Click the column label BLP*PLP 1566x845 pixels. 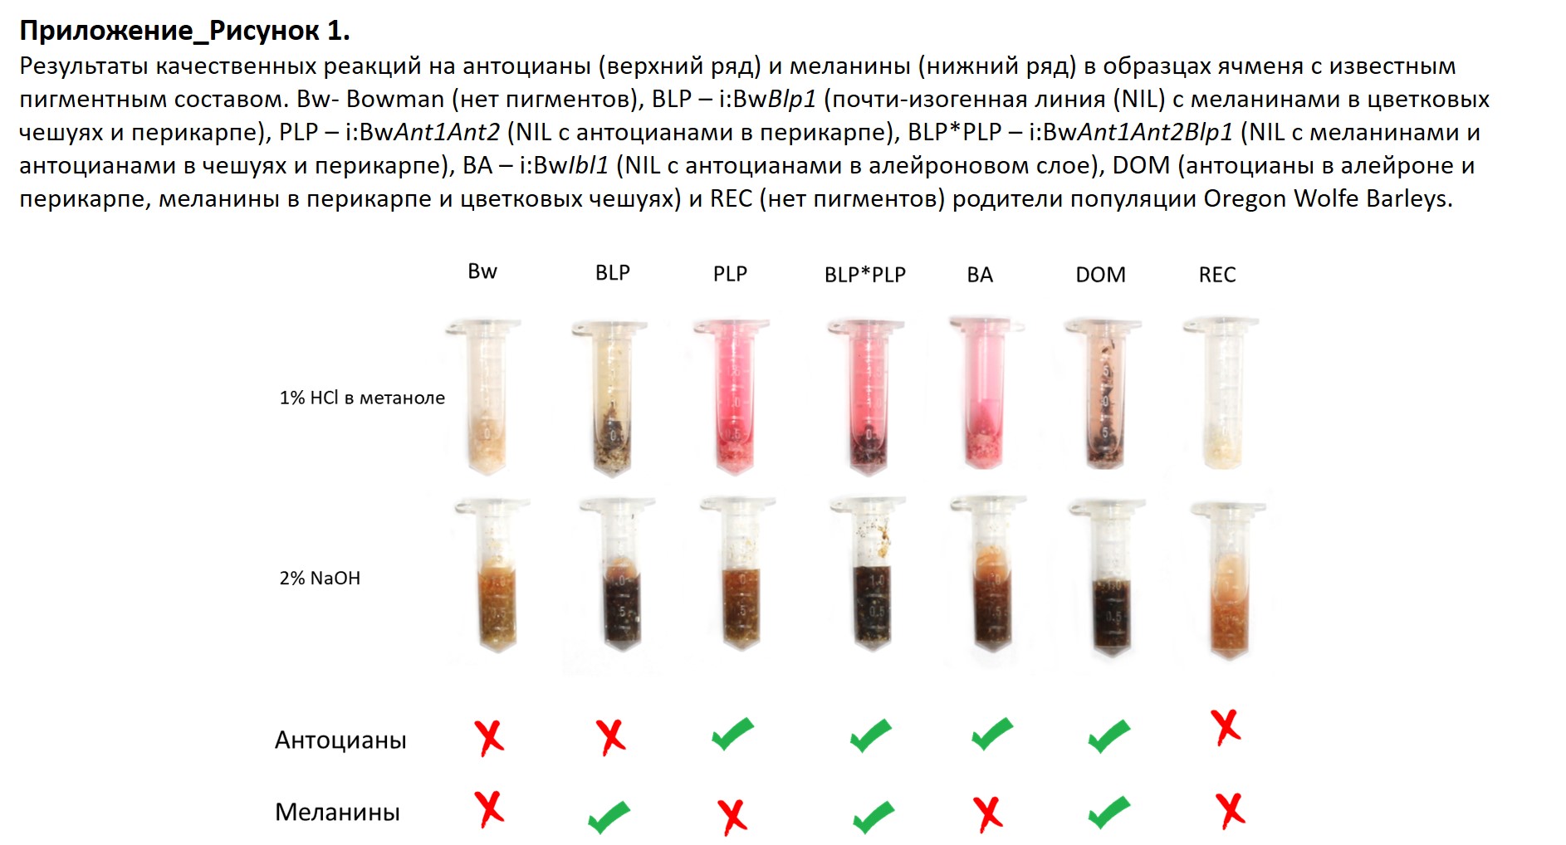864,275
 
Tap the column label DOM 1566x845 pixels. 1100,275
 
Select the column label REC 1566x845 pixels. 1216,275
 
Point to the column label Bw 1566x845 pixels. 482,271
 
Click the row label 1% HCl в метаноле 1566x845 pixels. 361,398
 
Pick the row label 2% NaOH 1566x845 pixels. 320,578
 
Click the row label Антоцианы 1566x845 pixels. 340,740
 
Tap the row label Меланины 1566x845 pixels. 337,812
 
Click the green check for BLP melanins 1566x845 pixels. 609,817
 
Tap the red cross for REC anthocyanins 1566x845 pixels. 1226,727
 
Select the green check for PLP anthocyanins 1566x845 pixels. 732,734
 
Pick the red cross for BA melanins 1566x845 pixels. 987,814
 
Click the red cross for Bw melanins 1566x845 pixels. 489,808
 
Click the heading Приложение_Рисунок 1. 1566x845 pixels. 184,31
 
